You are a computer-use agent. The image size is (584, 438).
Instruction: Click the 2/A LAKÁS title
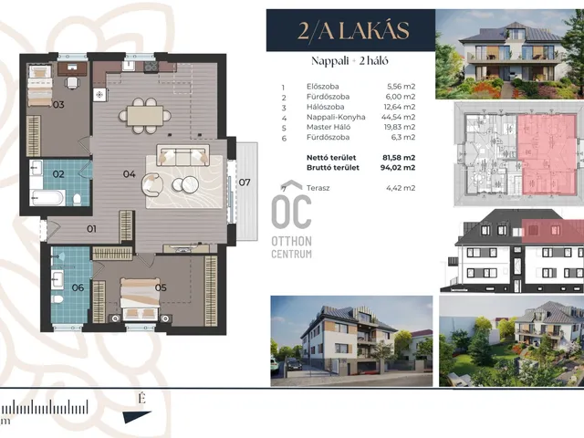353,30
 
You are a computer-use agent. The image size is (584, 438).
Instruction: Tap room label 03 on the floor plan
58,105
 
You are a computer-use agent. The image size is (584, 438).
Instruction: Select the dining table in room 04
145,116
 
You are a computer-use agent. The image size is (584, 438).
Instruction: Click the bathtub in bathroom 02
47,197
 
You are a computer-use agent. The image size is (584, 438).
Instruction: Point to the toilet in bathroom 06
57,299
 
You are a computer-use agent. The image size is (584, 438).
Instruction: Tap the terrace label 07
245,182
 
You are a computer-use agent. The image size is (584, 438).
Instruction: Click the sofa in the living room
182,155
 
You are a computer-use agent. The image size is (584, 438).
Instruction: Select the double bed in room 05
140,299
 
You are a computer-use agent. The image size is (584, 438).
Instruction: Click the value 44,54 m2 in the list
401,117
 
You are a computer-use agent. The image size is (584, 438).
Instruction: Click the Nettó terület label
331,158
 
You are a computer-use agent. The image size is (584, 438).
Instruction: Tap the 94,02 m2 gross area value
398,168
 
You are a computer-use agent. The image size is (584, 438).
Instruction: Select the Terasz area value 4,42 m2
401,188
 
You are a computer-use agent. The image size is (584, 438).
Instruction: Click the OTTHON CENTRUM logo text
292,247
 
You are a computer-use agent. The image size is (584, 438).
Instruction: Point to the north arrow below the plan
137,416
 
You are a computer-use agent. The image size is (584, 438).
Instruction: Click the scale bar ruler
45,407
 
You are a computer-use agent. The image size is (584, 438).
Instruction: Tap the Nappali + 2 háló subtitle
349,61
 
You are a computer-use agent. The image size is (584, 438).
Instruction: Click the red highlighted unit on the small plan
547,154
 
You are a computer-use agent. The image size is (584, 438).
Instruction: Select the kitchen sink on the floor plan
129,66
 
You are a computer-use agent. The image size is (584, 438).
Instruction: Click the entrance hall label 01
91,229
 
